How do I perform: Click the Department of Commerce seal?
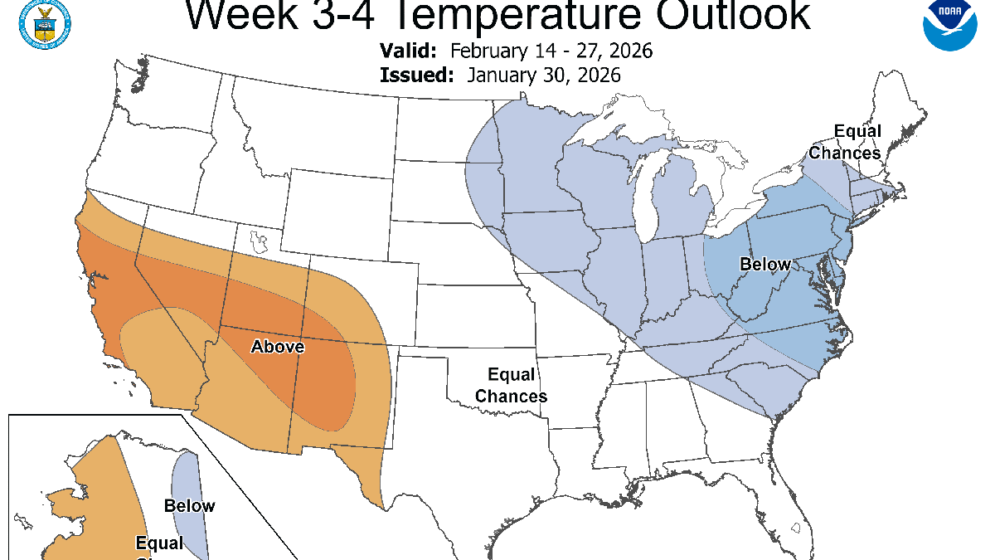[x=43, y=22]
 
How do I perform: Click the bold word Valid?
[x=408, y=51]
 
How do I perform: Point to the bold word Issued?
[x=416, y=75]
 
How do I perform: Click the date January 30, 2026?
[x=544, y=75]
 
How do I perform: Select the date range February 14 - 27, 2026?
[x=551, y=51]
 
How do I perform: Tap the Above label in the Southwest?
[x=278, y=347]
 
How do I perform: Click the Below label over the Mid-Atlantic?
[x=765, y=265]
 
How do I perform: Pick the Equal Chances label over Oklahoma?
[x=511, y=386]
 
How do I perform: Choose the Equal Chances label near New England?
[x=845, y=142]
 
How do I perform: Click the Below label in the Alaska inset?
[x=189, y=506]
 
